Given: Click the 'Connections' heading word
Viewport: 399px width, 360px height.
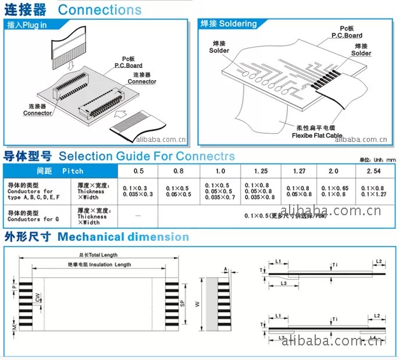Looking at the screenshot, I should click(x=99, y=10).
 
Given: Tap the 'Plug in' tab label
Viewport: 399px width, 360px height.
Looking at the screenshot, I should click(x=35, y=26).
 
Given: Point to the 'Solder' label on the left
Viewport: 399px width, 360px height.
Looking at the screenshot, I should click(x=219, y=50).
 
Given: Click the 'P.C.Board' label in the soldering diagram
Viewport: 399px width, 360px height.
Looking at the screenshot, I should click(x=347, y=35).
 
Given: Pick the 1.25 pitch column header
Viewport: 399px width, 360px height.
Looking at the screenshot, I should click(x=261, y=171).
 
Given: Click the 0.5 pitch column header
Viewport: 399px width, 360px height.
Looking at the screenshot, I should click(x=138, y=171).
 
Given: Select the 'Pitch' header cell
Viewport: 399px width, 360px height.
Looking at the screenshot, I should click(x=73, y=171).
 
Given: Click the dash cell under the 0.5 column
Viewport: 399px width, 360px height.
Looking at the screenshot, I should click(x=138, y=216).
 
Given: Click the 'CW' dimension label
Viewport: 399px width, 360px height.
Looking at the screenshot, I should click(x=37, y=297).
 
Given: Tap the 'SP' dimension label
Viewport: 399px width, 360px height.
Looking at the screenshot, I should click(x=182, y=303).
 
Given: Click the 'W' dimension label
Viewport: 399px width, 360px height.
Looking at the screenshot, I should click(x=197, y=303).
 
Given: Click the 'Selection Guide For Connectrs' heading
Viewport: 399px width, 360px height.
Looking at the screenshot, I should click(x=147, y=156).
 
